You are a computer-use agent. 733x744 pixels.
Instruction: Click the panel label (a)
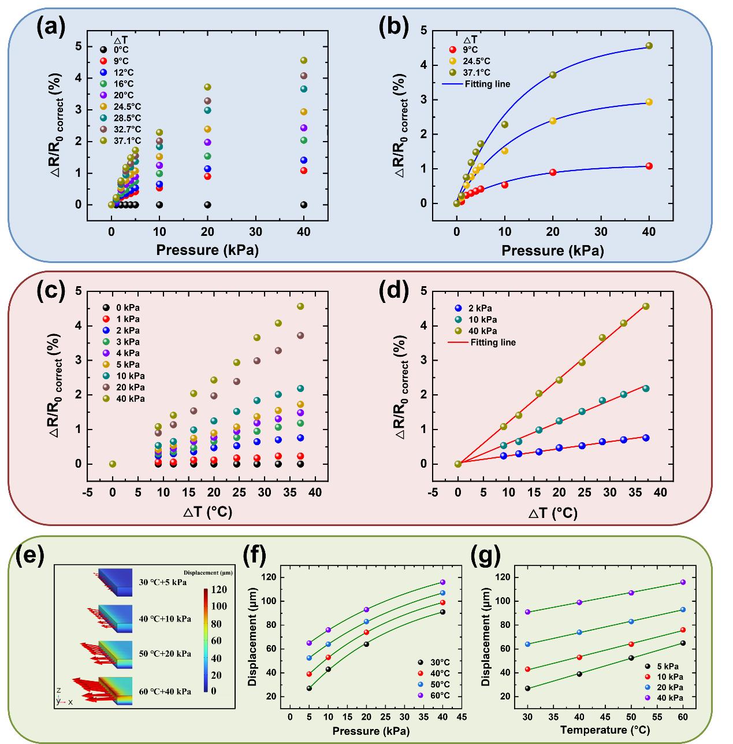click(50, 27)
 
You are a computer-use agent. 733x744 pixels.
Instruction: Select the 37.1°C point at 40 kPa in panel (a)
click(304, 60)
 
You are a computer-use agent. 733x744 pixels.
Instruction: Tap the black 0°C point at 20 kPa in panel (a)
click(207, 205)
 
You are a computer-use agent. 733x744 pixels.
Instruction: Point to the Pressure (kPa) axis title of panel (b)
click(552, 250)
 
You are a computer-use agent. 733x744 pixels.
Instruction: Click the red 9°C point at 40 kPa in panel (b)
click(649, 166)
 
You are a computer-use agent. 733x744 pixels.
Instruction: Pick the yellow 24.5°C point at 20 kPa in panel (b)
click(553, 121)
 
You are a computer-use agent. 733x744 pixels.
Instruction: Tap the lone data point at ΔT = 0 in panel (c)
click(113, 464)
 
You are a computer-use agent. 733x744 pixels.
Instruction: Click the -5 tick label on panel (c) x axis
click(87, 493)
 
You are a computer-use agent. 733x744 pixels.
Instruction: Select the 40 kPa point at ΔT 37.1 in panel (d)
click(646, 306)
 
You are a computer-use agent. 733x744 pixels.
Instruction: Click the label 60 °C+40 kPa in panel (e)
click(165, 691)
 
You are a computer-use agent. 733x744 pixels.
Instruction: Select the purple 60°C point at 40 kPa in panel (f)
click(442, 582)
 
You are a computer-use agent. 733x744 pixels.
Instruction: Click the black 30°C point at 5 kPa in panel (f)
click(309, 688)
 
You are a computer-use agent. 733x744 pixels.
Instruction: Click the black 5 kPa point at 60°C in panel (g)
click(683, 643)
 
